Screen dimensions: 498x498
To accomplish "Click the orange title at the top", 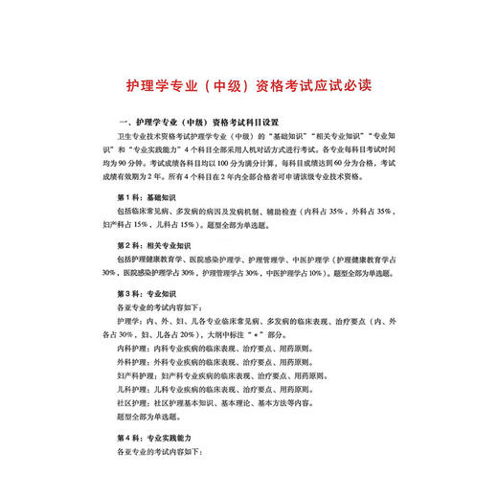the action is [x=248, y=85].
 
